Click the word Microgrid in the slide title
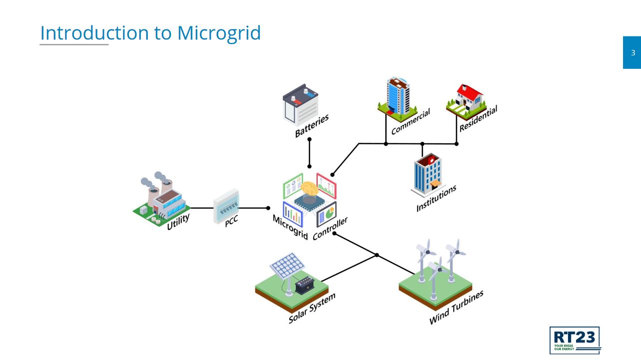[x=219, y=33]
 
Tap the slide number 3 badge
[x=633, y=52]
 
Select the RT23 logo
[x=575, y=340]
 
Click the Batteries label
[x=312, y=126]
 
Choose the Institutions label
[x=436, y=198]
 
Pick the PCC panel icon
[x=226, y=206]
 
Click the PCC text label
[x=231, y=221]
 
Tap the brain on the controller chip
[x=310, y=189]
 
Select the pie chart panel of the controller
[x=327, y=214]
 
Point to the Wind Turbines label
[x=456, y=308]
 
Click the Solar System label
[x=312, y=308]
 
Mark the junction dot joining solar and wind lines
[x=377, y=255]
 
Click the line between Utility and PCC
[x=202, y=208]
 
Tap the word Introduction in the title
[x=94, y=33]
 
